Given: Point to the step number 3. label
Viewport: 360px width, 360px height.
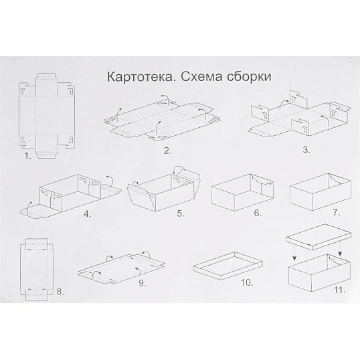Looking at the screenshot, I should tap(307, 149).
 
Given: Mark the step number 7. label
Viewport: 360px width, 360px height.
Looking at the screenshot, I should tap(337, 213).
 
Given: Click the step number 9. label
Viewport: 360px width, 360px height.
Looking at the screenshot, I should tap(142, 284).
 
